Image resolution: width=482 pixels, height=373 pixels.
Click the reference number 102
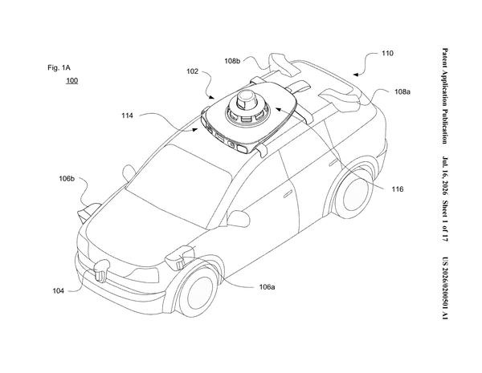click(x=193, y=71)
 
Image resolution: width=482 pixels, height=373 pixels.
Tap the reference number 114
click(x=127, y=116)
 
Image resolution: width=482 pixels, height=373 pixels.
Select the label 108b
click(x=232, y=61)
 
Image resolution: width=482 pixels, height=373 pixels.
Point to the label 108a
click(x=402, y=91)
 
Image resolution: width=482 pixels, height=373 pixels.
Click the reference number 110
click(x=387, y=54)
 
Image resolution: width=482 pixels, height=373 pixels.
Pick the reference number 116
click(x=397, y=189)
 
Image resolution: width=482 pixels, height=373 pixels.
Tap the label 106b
click(x=67, y=178)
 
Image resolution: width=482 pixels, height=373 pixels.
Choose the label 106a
click(x=267, y=287)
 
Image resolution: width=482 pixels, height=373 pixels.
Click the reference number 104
click(x=58, y=290)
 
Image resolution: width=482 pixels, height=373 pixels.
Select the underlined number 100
click(x=72, y=81)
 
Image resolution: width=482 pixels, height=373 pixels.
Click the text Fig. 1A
click(x=59, y=67)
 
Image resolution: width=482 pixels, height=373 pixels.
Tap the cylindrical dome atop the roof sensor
click(x=247, y=99)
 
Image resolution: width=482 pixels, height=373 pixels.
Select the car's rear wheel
click(x=353, y=193)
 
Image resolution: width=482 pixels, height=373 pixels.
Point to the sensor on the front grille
click(x=101, y=270)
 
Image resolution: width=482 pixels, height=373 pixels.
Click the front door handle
click(x=288, y=193)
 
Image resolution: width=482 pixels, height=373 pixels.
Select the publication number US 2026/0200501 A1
click(x=445, y=288)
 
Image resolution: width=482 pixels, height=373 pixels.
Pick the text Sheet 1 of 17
click(x=445, y=221)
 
